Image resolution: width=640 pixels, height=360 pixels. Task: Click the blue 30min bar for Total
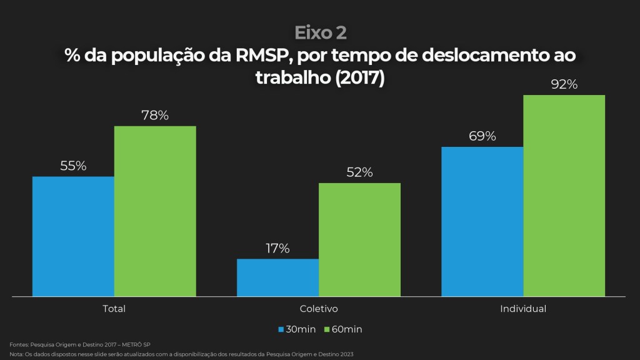click(x=73, y=236)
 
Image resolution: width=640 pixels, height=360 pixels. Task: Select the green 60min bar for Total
click(x=155, y=211)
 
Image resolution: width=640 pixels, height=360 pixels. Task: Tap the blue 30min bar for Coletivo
click(x=277, y=277)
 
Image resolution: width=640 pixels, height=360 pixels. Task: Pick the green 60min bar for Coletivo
click(x=359, y=239)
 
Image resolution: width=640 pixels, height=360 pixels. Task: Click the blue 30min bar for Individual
click(x=482, y=221)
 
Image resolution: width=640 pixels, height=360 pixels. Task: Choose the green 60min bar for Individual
click(x=564, y=196)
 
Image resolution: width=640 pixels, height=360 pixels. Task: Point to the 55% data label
click(x=73, y=166)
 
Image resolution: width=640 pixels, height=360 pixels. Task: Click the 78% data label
click(x=155, y=116)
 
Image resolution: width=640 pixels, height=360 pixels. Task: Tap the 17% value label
click(x=277, y=248)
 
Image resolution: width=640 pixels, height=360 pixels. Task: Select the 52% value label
click(x=359, y=172)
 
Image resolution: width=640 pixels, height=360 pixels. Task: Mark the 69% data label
click(x=482, y=136)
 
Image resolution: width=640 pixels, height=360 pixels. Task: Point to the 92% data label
click(x=564, y=85)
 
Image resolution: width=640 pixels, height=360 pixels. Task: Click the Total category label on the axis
click(x=114, y=309)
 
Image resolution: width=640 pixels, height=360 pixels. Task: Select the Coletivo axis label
click(x=319, y=309)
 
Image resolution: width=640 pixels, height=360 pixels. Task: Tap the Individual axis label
click(x=523, y=309)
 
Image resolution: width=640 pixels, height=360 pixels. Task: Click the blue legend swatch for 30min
click(x=282, y=329)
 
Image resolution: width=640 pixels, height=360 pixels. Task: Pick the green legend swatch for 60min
click(x=327, y=329)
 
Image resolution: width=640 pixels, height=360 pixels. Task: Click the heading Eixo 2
click(x=320, y=32)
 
